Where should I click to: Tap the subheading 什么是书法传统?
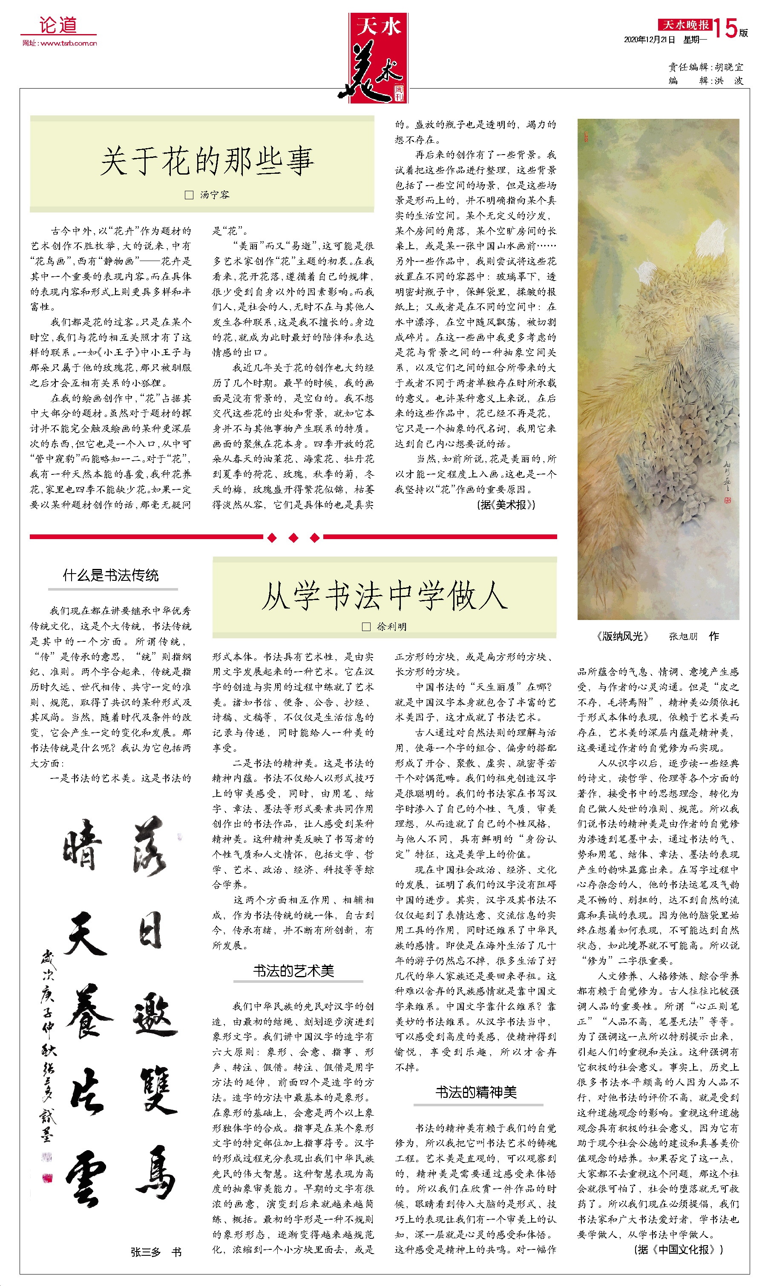(111, 575)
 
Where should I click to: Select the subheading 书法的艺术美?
(293, 971)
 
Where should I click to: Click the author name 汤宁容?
(214, 195)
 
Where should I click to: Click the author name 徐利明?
(391, 627)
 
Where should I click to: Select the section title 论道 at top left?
(58, 24)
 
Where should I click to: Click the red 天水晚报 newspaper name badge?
(685, 24)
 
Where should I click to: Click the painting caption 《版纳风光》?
(623, 636)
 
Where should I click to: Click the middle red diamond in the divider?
(293, 538)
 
